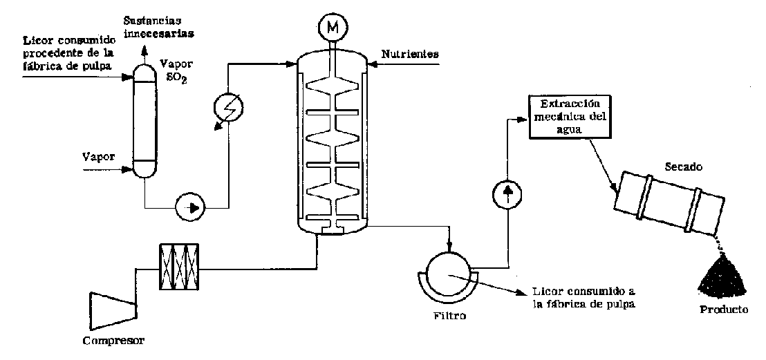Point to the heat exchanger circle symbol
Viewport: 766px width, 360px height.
tap(229, 108)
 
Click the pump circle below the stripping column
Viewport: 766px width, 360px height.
tap(192, 207)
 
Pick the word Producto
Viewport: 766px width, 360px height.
tap(724, 310)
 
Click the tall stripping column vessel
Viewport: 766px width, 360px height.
tap(144, 117)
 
